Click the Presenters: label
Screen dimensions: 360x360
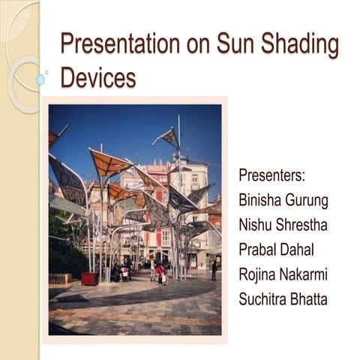[271, 175]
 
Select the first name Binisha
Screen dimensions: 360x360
[259, 200]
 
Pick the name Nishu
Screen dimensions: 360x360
[254, 225]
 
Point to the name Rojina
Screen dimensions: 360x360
[258, 274]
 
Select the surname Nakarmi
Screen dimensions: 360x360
[306, 274]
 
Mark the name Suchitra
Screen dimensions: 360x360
[262, 299]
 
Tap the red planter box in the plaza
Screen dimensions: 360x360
[88, 278]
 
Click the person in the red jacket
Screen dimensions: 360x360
[160, 273]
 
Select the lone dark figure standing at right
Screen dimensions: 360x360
[214, 271]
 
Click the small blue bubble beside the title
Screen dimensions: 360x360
[40, 79]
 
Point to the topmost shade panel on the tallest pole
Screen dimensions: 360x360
[169, 136]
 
